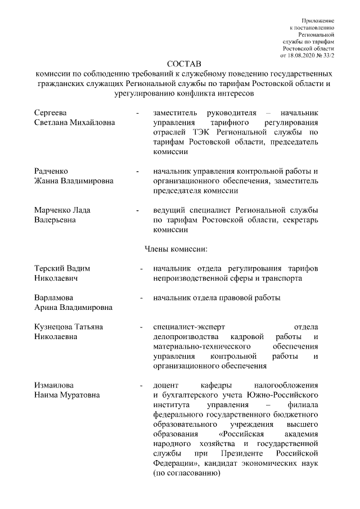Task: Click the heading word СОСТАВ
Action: pyautogui.click(x=184, y=63)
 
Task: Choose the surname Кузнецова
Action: pyautogui.click(x=55, y=327)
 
